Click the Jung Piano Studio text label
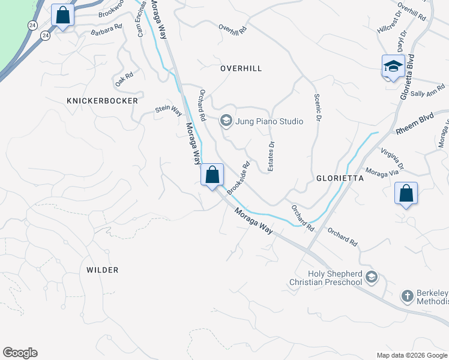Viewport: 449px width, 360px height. pos(268,121)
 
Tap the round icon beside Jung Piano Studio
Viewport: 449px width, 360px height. pos(226,121)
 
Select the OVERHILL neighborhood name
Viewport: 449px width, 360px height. pos(241,68)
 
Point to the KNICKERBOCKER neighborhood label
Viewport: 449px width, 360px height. pos(103,101)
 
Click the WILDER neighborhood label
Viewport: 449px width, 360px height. pos(102,270)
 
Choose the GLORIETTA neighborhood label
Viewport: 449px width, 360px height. pos(340,178)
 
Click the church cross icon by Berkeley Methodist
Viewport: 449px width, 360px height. pos(407,296)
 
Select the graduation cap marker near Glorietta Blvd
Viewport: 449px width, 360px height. pos(393,66)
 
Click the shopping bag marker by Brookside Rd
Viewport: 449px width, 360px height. pos(212,175)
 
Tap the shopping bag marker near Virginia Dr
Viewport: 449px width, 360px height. pos(406,194)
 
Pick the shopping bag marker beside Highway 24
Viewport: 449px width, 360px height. pos(62,16)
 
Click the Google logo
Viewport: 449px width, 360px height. pos(20,353)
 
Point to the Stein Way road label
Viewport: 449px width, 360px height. pos(169,110)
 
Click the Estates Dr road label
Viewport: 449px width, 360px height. pos(271,157)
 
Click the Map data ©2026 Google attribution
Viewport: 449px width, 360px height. pos(411,355)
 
